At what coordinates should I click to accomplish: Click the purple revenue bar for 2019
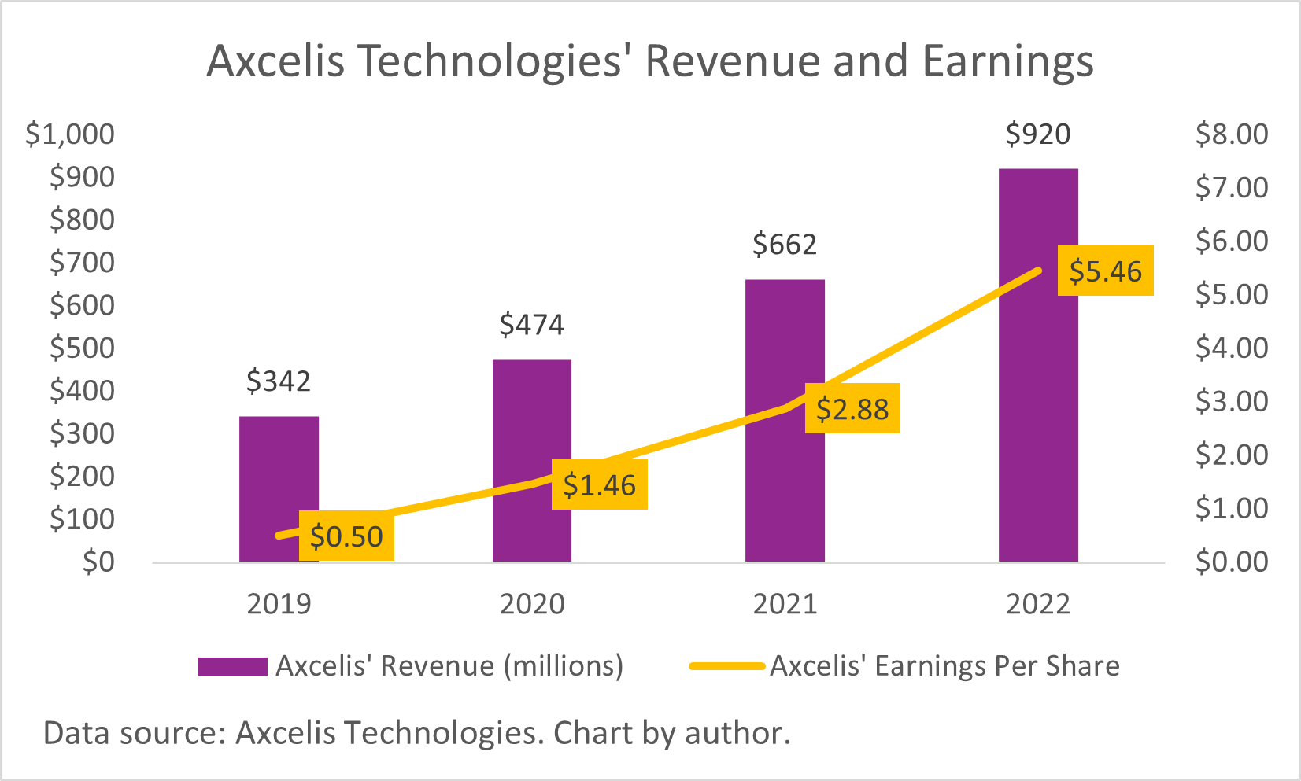279,472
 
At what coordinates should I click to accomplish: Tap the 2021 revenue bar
785,346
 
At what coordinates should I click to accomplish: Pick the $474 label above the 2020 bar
532,325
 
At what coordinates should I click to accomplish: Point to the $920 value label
1037,134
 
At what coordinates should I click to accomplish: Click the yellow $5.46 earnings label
1105,271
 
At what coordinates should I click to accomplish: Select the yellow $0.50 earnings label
346,536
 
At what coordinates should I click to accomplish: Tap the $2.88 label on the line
852,409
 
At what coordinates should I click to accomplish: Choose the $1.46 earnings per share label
599,485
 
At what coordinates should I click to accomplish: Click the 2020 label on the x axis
532,604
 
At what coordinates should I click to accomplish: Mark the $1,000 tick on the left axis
70,134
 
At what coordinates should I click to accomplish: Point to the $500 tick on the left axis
82,348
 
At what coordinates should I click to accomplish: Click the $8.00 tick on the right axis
1232,134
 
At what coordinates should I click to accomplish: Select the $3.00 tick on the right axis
1232,401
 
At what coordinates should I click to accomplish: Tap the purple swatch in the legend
232,666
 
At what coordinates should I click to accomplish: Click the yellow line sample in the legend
726,666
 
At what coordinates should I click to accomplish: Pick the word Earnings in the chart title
1007,61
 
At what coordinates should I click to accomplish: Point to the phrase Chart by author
671,733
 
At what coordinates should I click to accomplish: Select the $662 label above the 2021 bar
785,245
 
